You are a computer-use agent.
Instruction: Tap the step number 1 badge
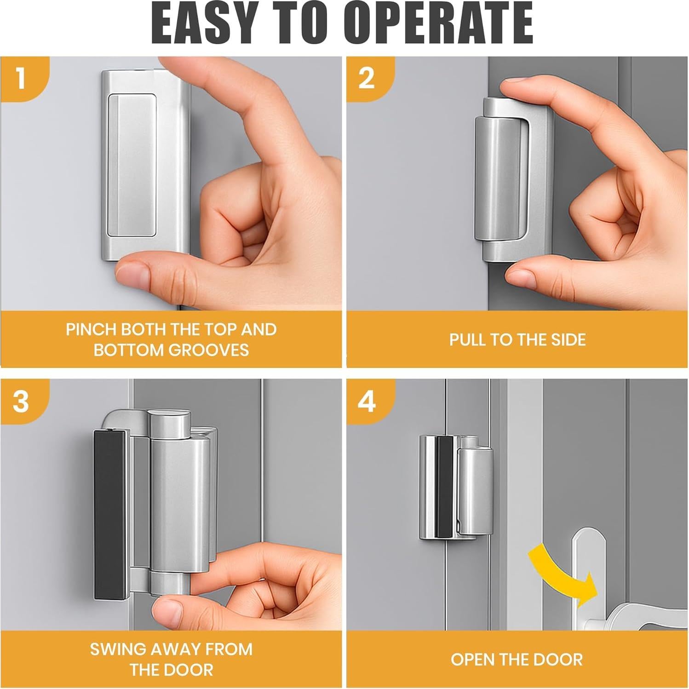click(21, 78)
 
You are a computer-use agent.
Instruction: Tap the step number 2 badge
click(367, 78)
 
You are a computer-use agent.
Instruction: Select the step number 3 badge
click(21, 401)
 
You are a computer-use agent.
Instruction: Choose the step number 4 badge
click(367, 401)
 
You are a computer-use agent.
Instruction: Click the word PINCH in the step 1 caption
click(90, 329)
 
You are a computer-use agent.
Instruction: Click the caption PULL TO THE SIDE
click(517, 339)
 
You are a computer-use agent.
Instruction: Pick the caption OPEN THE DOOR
click(517, 660)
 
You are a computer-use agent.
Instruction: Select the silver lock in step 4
click(455, 488)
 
